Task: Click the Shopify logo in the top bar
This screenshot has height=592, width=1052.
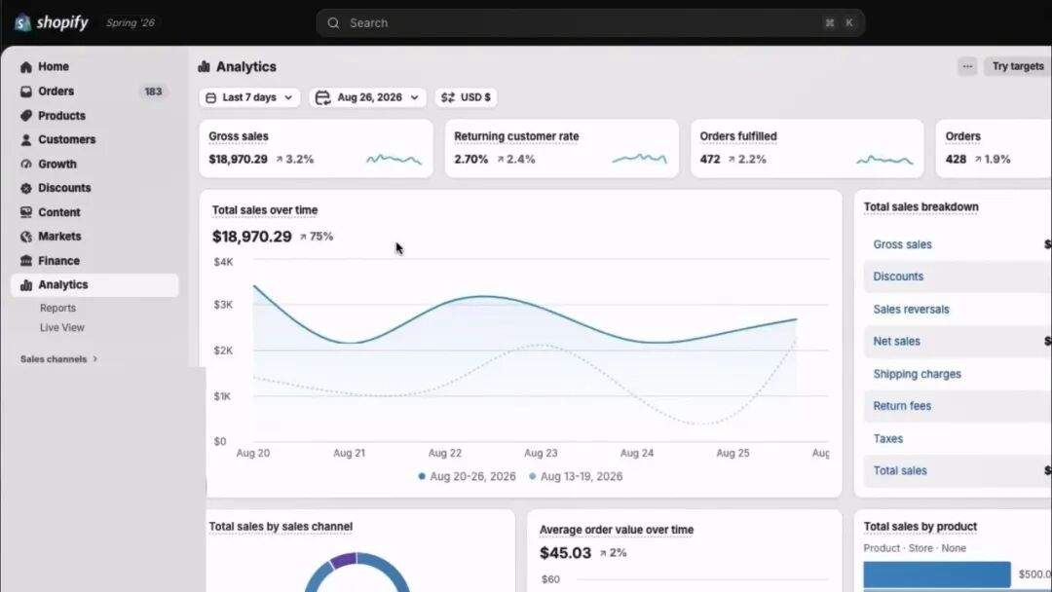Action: (52, 22)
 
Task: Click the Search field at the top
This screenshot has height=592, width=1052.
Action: (590, 22)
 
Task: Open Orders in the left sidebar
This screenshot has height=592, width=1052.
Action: (56, 92)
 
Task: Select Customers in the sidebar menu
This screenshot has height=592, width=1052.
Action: (66, 139)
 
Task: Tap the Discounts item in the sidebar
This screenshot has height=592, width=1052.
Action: (63, 188)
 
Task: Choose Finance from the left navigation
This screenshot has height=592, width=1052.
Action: (58, 261)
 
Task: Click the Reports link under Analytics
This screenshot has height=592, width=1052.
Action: (57, 308)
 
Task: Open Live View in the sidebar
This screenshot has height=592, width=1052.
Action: (61, 327)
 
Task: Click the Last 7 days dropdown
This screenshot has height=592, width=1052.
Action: (249, 97)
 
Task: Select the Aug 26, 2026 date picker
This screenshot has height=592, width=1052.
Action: (367, 97)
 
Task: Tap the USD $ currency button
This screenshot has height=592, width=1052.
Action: (467, 97)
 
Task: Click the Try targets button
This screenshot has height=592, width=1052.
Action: (1018, 66)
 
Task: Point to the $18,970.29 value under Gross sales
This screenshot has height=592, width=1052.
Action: (239, 159)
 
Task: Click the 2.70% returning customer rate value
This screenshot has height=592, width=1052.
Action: (471, 159)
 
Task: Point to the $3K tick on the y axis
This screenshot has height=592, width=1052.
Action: (223, 305)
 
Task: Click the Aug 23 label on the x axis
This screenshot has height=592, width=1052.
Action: (541, 453)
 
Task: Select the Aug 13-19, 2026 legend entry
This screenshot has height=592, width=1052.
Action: (576, 477)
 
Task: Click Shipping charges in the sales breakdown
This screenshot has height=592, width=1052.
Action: (918, 374)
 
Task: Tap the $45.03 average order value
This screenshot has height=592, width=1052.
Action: (566, 553)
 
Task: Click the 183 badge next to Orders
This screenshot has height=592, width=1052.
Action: (153, 92)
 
